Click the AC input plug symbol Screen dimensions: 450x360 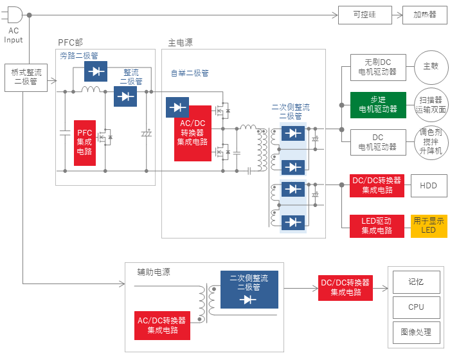(x=14, y=15)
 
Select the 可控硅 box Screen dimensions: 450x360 (x=364, y=15)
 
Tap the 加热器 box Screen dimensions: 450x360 (x=425, y=15)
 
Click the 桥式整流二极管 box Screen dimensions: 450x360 (x=26, y=78)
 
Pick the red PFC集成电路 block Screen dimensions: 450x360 (x=85, y=143)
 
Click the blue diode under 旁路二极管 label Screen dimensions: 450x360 (x=96, y=71)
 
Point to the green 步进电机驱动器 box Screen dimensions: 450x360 (x=378, y=105)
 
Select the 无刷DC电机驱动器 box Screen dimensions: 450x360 (x=378, y=67)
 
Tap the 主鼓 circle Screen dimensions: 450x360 (x=431, y=67)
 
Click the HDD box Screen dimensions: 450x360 (x=429, y=186)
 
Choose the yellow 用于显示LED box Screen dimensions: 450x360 (x=429, y=226)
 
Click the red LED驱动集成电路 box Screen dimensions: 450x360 (x=377, y=226)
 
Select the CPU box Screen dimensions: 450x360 (x=416, y=307)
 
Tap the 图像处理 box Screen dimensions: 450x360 (x=416, y=332)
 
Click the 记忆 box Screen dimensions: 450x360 (x=416, y=282)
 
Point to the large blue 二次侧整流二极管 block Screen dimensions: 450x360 (x=249, y=289)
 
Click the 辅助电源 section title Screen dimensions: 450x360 (x=154, y=272)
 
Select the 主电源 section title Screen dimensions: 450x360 (x=180, y=43)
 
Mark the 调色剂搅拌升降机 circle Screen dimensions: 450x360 (x=431, y=142)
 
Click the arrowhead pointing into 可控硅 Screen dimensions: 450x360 (x=335, y=15)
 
